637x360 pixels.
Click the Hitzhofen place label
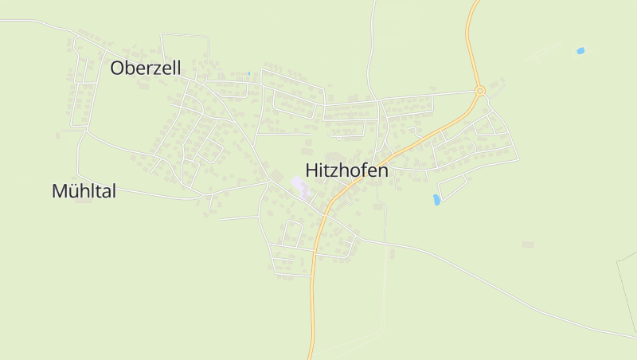[346, 170]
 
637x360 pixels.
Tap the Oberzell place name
[146, 68]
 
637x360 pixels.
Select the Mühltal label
[84, 191]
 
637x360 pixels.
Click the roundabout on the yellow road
[479, 91]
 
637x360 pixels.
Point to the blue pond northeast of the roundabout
[580, 51]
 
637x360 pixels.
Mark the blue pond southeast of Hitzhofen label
[436, 199]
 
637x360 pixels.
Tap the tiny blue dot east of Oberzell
[249, 74]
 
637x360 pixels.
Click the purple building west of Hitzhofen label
[300, 187]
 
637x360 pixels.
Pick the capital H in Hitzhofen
[312, 170]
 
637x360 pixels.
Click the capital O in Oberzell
[118, 68]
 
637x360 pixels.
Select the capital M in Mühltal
[59, 191]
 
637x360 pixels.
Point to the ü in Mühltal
[72, 191]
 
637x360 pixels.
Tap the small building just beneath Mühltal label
[81, 202]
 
